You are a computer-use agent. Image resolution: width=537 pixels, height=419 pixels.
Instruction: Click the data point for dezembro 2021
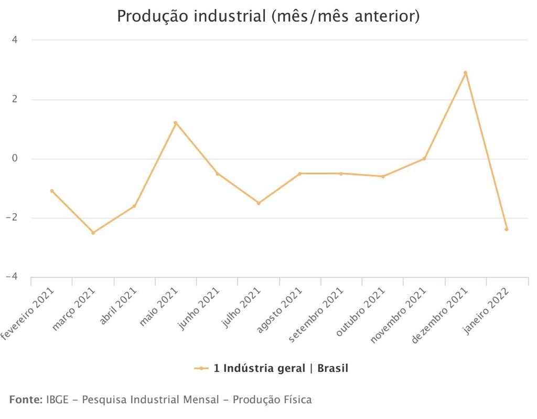[465, 73]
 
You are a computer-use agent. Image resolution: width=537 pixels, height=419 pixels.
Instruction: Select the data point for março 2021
[93, 233]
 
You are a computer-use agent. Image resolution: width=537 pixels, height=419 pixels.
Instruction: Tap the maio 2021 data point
[176, 123]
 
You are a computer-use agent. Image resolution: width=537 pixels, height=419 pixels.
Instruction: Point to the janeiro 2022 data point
[507, 229]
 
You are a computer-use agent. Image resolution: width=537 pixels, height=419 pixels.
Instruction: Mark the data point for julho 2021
[259, 203]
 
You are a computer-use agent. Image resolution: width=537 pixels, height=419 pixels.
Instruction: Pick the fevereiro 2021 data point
[52, 191]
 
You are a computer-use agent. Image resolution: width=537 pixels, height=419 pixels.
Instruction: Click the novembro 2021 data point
[424, 159]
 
